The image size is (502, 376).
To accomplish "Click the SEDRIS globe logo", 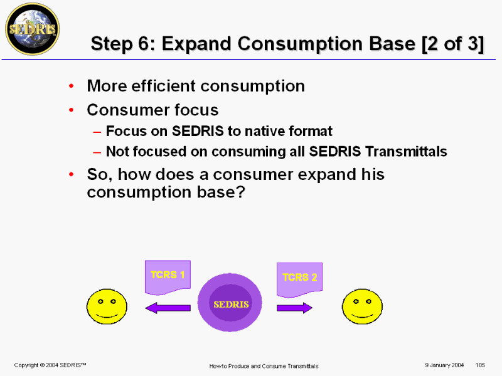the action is [33, 29].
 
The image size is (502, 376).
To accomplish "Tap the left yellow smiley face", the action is [107, 306].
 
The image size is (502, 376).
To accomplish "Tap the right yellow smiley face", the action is [362, 306].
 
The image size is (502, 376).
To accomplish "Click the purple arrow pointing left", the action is [168, 308].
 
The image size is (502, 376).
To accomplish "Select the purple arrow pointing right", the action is [294, 308].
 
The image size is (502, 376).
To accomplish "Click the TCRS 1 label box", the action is [168, 277].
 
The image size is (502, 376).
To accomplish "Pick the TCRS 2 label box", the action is [299, 279].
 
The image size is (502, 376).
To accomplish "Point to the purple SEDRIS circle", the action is [230, 303].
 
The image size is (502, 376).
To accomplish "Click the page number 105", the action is [480, 365].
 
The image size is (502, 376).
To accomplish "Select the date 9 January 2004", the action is [444, 365].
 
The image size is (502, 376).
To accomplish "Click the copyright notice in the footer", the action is [50, 365].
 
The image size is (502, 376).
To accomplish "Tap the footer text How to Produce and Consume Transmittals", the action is [264, 366].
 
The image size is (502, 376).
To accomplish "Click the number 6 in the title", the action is [144, 43].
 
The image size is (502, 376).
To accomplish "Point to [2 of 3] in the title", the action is [452, 43].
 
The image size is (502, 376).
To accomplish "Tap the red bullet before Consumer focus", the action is [72, 110].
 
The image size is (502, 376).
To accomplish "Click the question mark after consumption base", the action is [241, 192].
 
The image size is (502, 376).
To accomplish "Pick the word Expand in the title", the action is [196, 44].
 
